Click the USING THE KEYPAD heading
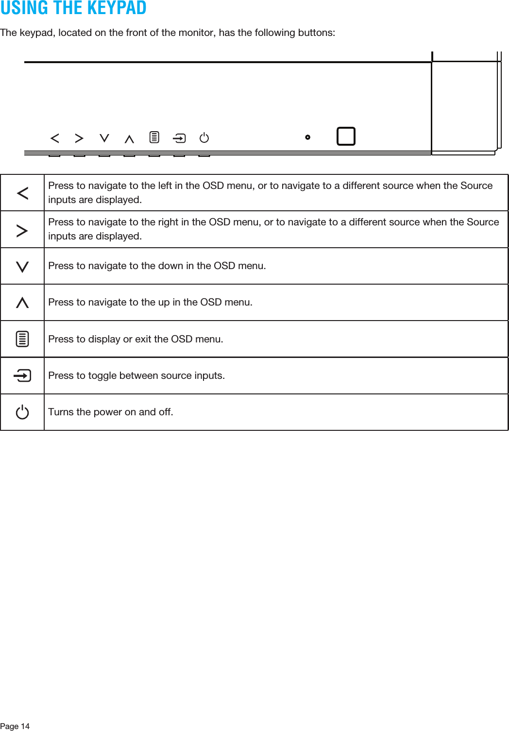73,8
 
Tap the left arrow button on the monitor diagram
55,138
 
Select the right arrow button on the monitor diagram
79,138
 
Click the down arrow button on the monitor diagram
104,138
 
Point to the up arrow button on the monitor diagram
129,139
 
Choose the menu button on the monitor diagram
154,137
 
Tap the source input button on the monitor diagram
179,138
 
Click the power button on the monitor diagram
204,138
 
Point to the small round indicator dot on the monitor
307,137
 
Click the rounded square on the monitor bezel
346,136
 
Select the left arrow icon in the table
22,193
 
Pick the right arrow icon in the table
22,230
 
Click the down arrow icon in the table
22,267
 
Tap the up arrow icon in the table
22,303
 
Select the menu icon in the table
22,339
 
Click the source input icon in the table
22,375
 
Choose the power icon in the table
22,412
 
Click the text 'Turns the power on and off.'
111,412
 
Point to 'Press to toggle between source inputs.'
136,375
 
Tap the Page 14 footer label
15,726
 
